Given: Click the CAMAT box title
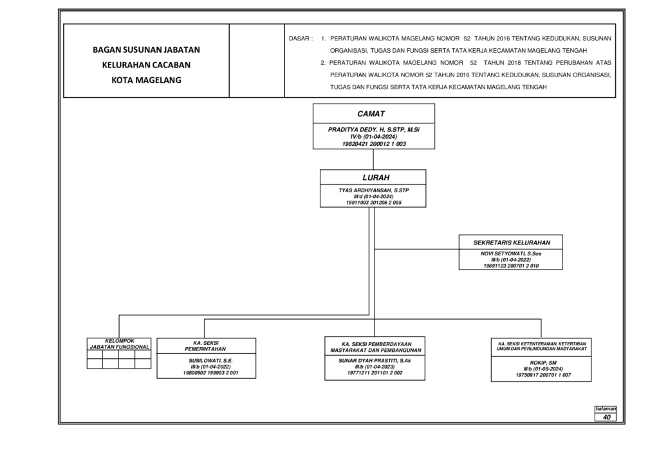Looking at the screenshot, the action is pos(371,114).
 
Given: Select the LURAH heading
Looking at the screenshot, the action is pos(376,178).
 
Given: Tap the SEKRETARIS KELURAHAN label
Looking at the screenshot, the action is pos(512,242).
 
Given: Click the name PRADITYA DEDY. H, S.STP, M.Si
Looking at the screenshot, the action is pos(374,130).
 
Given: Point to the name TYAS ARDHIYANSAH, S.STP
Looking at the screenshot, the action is pos(374,190).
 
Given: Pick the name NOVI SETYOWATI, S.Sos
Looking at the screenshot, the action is pos(511,253).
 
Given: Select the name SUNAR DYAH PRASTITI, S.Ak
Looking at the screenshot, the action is pos(375,361).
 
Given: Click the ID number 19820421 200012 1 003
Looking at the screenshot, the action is pos(374,144).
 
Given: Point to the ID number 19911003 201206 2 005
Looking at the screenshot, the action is pos(374,203).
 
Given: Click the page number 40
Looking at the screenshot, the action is pos(606,417).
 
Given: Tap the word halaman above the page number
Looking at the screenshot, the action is pos(606,408).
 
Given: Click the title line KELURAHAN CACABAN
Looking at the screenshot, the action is pos(146,65).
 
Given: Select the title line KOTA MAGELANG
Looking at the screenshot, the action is pos(146,80).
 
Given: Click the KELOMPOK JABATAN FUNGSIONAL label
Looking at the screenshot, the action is pos(119,344).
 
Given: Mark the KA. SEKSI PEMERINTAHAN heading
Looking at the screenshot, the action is pos(206,346).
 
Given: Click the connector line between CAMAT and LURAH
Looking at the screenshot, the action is pos(373,160).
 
